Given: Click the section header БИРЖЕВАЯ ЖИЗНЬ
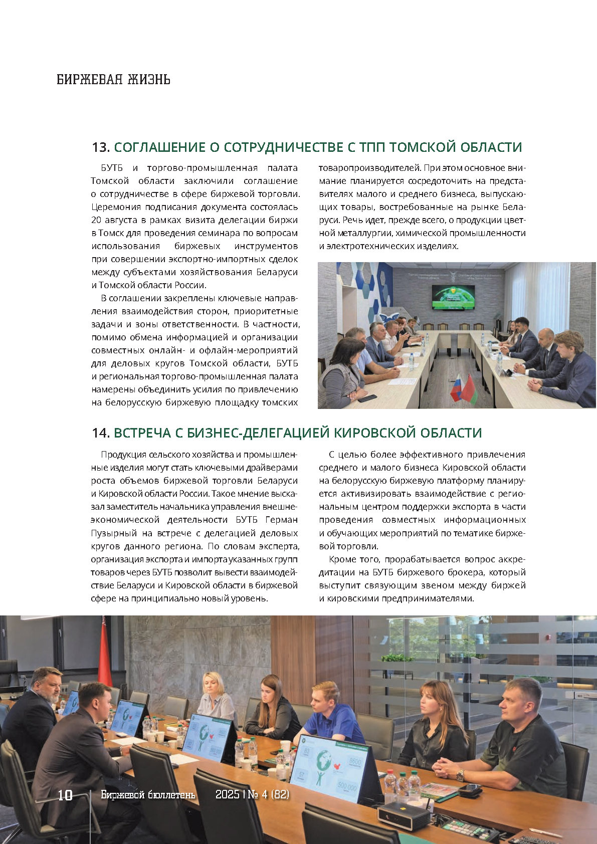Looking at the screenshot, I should pyautogui.click(x=113, y=79).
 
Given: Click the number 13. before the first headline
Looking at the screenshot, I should pyautogui.click(x=101, y=147).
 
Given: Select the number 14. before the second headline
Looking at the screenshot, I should pyautogui.click(x=101, y=433).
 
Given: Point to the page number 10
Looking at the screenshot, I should pyautogui.click(x=65, y=795).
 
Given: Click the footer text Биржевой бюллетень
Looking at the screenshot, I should pyautogui.click(x=148, y=795).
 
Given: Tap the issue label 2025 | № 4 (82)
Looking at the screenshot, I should pyautogui.click(x=252, y=795).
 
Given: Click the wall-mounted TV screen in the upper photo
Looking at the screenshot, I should pyautogui.click(x=452, y=297).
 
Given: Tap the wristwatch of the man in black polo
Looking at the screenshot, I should pyautogui.click(x=460, y=776).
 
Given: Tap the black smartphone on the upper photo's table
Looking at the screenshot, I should pyautogui.click(x=367, y=398).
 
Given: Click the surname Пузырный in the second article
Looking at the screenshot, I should pyautogui.click(x=112, y=533).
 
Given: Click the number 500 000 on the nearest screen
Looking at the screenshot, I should pyautogui.click(x=347, y=788).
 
